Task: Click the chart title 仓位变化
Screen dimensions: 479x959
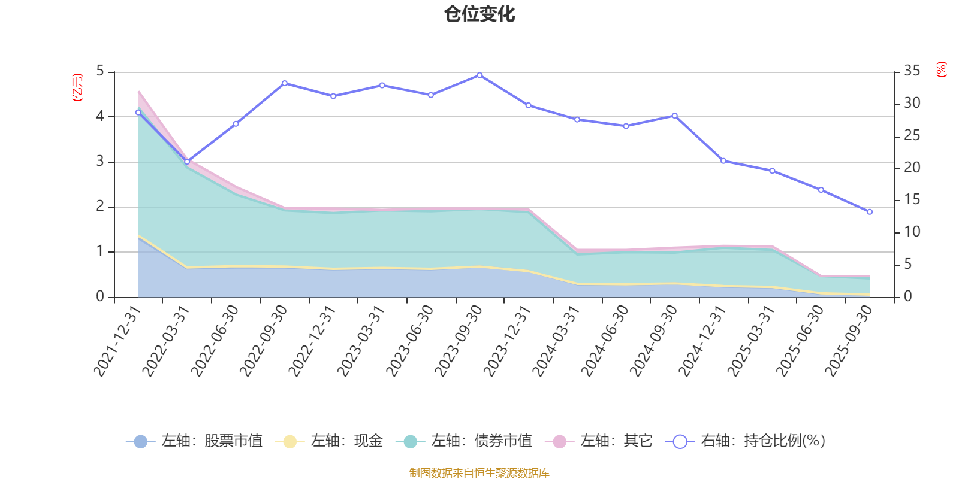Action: pos(479,14)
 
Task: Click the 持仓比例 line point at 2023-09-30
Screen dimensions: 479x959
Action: pos(479,75)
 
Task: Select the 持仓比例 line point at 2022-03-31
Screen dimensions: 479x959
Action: pos(187,162)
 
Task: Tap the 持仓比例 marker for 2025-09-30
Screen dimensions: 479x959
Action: pos(870,212)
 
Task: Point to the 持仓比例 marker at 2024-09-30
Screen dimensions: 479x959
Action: pos(674,116)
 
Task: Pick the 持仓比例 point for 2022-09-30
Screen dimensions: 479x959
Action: pos(284,83)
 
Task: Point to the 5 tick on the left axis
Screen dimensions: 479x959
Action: pos(100,71)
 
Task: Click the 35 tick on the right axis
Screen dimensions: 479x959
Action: pos(912,71)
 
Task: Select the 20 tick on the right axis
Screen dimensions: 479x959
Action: pos(912,168)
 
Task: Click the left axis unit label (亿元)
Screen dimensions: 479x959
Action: pos(77,87)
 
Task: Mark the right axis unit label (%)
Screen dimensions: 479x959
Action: pos(942,69)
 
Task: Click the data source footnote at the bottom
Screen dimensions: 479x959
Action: pos(479,473)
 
